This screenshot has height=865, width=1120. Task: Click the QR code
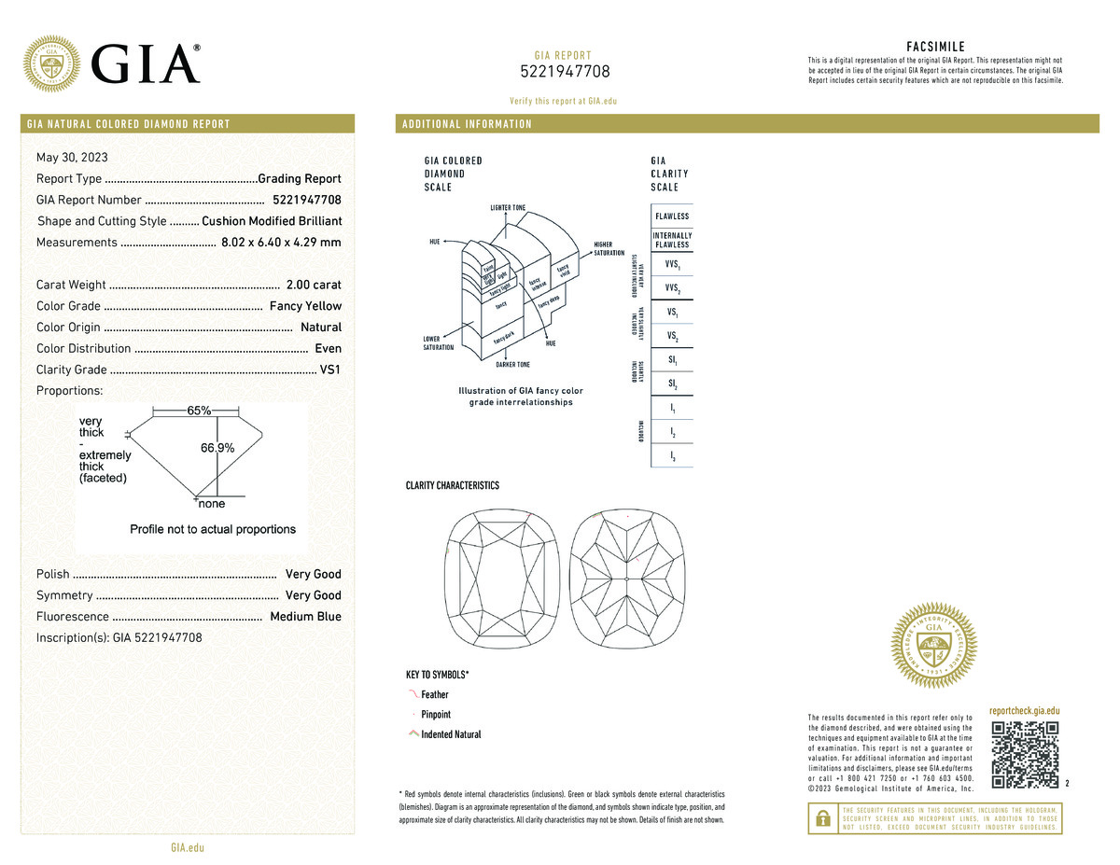pos(1026,754)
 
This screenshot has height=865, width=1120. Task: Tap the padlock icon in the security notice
pos(822,817)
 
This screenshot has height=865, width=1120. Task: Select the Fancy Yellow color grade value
pos(305,306)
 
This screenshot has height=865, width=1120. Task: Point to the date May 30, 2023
pos(72,157)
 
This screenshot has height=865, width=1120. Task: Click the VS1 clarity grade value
pos(330,370)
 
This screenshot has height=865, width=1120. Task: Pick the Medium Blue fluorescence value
pos(305,617)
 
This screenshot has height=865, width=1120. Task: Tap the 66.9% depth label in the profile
pos(217,448)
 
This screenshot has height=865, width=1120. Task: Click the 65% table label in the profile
pos(199,411)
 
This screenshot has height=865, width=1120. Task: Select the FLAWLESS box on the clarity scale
pos(672,216)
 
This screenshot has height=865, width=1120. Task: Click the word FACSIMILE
pos(935,47)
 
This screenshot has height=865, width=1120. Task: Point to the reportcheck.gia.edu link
pos(1025,711)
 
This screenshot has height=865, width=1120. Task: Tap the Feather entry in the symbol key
pos(435,694)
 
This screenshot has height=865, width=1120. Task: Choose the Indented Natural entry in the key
pos(451,734)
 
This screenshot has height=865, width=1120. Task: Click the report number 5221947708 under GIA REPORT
pos(565,72)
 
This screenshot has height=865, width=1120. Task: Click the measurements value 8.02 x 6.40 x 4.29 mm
pos(281,243)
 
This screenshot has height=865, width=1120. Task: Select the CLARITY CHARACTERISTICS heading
pos(453,485)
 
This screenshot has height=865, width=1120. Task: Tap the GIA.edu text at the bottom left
pos(187,847)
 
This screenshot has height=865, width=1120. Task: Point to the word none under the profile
pos(212,504)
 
